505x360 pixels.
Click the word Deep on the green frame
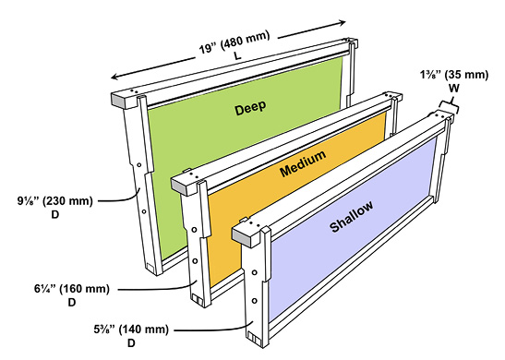coord(250,108)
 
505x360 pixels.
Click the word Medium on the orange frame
coord(302,164)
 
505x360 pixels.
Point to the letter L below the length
coord(237,56)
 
